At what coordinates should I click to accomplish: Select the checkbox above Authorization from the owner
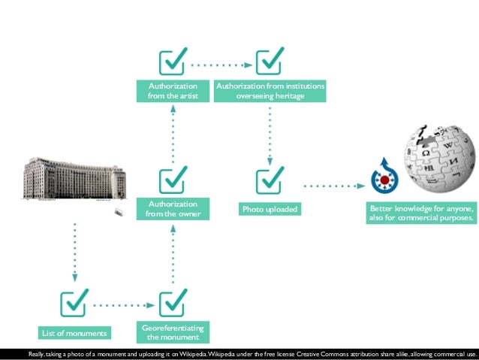tap(173, 181)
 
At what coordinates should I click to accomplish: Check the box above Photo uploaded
tap(270, 181)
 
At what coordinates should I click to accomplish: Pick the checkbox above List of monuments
tap(74, 304)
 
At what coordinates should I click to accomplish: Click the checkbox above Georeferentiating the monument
tap(173, 304)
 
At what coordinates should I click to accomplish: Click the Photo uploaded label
tap(270, 209)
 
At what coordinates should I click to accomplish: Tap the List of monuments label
tap(74, 333)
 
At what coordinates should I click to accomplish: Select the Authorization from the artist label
tap(173, 91)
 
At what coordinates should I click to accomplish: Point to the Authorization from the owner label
tap(173, 209)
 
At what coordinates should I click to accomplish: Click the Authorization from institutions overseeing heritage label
tap(270, 91)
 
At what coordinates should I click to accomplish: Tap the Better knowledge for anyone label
tap(420, 213)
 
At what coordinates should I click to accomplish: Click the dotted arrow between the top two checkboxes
tap(221, 65)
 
